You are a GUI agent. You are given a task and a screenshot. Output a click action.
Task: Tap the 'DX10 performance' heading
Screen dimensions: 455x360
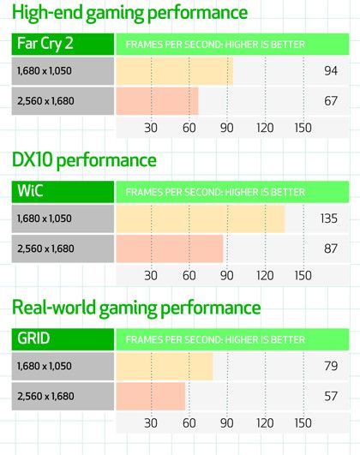click(84, 159)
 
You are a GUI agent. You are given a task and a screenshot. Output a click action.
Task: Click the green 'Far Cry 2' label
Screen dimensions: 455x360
click(45, 44)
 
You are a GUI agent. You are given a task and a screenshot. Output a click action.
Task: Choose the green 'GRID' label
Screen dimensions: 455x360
click(35, 338)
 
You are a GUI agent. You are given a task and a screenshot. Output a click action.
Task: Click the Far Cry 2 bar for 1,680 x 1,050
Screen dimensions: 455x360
click(173, 72)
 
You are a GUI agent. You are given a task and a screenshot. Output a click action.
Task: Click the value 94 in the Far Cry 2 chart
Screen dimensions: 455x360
click(332, 72)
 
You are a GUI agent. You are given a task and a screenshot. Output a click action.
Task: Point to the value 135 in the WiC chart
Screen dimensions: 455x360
click(329, 219)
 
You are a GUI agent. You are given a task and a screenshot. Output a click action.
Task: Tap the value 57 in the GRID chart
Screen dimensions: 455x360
click(332, 396)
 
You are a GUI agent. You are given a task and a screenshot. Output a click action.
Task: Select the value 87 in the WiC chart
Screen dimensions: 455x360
click(332, 248)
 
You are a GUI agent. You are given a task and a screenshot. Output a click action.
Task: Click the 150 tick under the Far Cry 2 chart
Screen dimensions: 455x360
click(303, 129)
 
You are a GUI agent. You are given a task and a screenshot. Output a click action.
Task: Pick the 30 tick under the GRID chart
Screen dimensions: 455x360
click(151, 422)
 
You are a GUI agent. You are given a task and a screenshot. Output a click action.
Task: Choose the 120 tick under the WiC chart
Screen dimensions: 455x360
click(265, 276)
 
